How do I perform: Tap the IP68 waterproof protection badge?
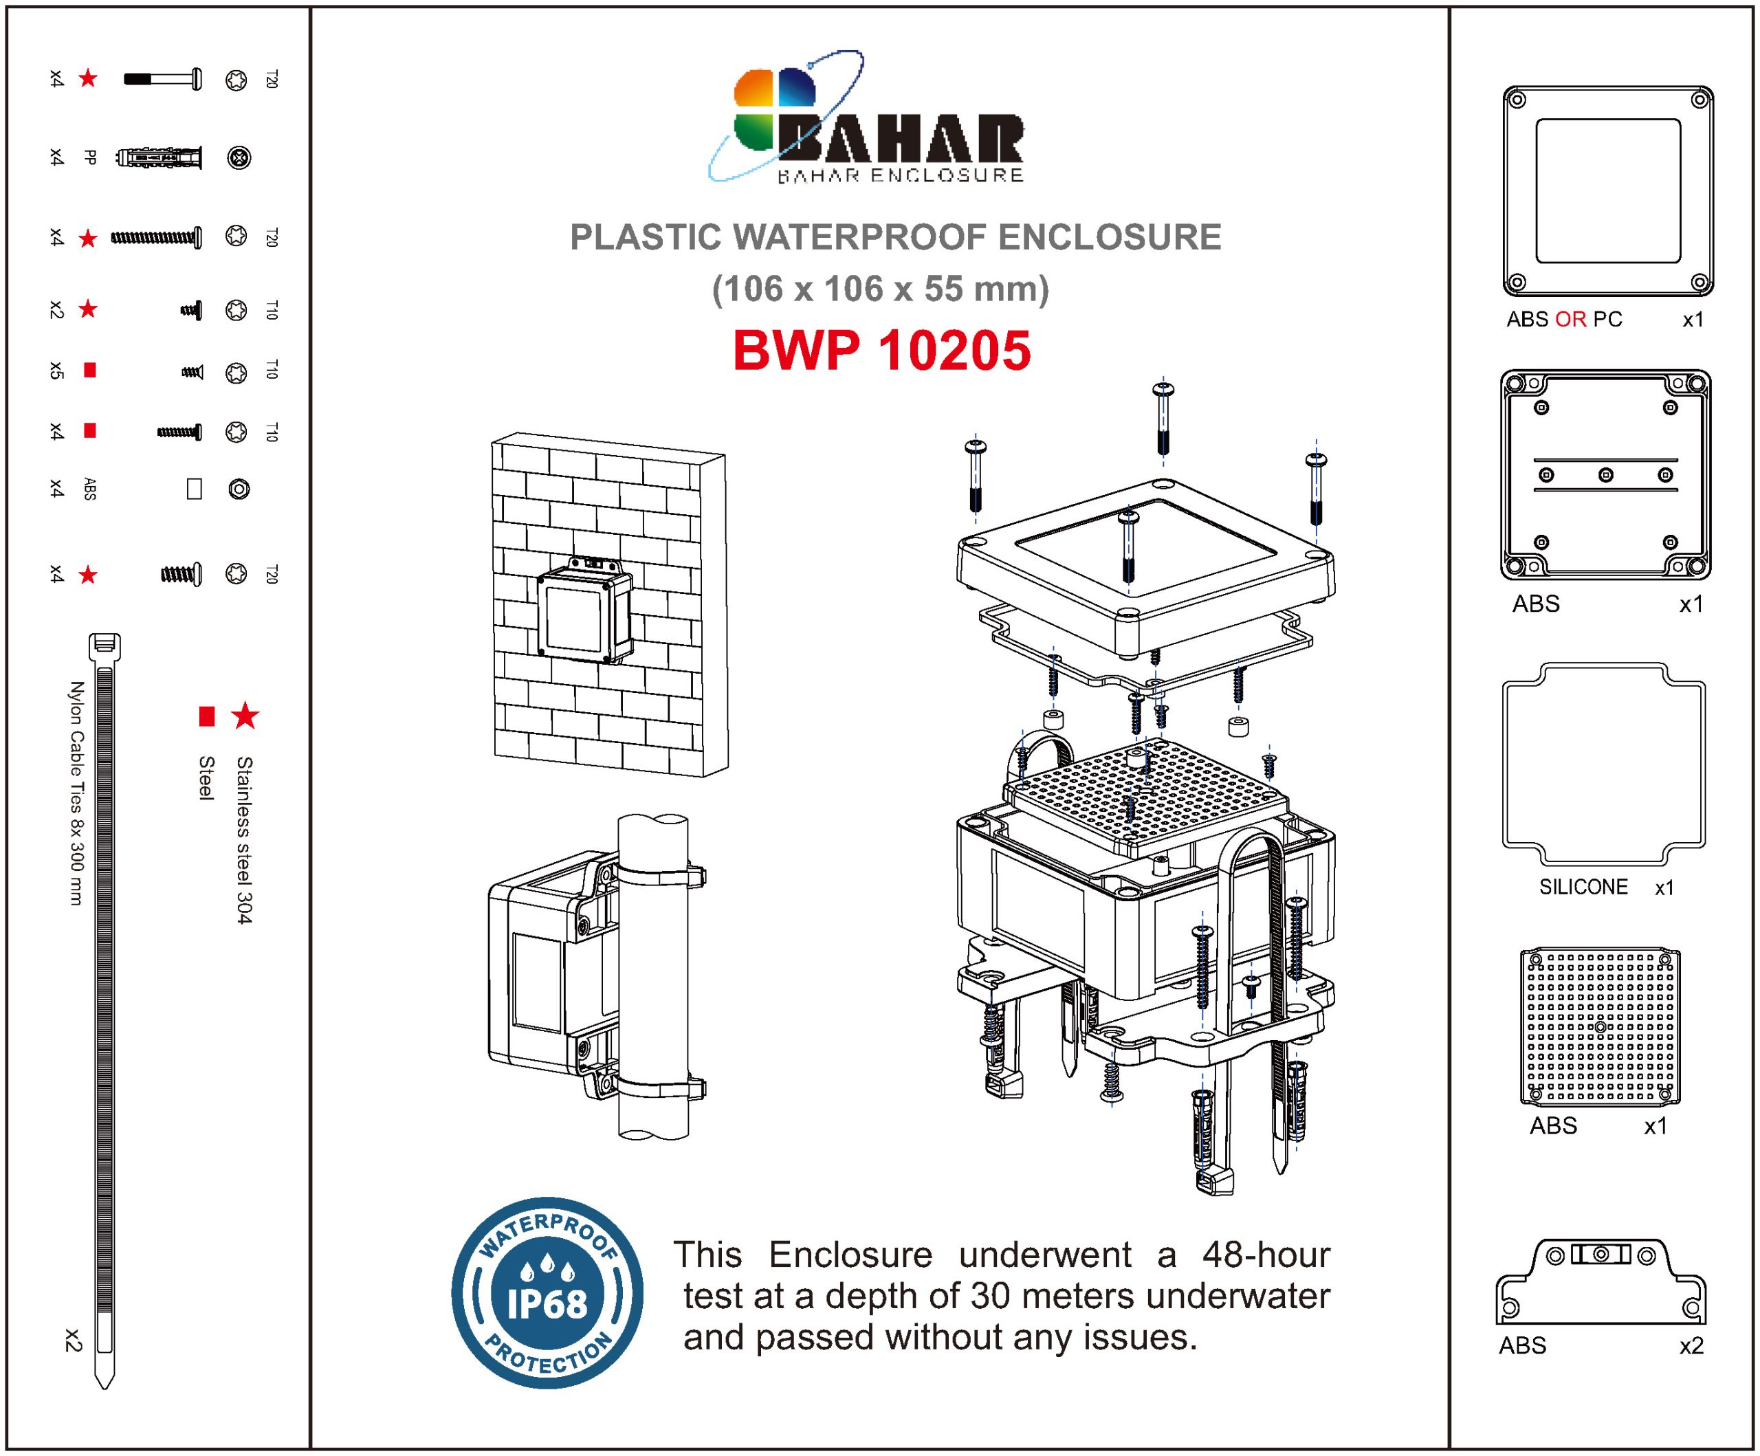tap(547, 1292)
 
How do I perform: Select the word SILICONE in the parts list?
tap(1583, 887)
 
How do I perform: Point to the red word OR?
tap(1570, 320)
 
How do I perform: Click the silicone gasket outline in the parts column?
tap(1603, 764)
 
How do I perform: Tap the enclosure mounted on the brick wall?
tap(585, 612)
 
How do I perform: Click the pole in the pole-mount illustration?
tap(653, 977)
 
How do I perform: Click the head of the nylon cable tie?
tap(104, 646)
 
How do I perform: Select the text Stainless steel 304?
tap(244, 840)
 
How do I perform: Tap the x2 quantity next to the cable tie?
tap(73, 1341)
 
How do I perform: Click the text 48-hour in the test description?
tap(1266, 1255)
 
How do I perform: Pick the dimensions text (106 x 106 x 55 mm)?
tap(880, 289)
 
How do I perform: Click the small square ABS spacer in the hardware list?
tap(195, 489)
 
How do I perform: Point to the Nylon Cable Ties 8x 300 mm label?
tap(76, 793)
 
